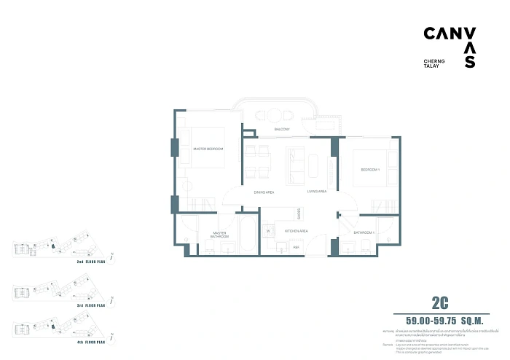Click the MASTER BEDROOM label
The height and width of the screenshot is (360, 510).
tap(208, 149)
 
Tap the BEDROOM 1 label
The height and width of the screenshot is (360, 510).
tap(370, 170)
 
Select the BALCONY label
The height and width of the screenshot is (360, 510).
tap(282, 130)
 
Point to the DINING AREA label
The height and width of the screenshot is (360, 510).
tap(263, 192)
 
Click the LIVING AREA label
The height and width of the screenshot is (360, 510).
tap(316, 192)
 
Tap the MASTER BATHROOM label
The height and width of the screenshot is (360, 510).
tap(219, 235)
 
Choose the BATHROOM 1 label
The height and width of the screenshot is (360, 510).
tap(364, 232)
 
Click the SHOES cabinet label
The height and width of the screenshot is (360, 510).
tap(299, 213)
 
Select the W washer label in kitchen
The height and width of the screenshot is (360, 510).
tap(268, 231)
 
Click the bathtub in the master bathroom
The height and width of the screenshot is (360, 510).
tap(247, 235)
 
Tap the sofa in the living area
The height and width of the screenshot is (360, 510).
tap(296, 165)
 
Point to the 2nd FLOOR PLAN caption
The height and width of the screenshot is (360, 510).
tap(92, 259)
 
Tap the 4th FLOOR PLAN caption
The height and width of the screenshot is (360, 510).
tap(92, 340)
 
